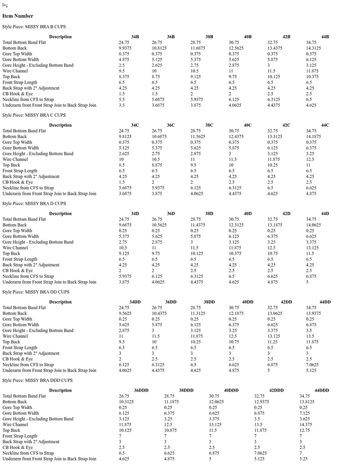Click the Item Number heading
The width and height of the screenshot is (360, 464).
click(x=18, y=16)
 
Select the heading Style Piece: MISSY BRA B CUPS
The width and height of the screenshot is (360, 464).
click(x=34, y=26)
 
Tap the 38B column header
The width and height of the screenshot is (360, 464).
click(x=209, y=37)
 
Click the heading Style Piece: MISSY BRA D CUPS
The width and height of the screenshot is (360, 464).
click(x=34, y=203)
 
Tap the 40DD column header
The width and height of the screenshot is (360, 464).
click(x=247, y=302)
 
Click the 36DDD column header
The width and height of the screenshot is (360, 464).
click(x=141, y=391)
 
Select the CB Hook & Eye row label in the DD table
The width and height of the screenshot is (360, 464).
click(x=18, y=359)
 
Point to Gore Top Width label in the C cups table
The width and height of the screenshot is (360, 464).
click(x=17, y=142)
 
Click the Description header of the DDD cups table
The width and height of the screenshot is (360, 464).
click(x=60, y=391)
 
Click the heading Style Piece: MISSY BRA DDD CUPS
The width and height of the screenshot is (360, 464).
click(x=37, y=380)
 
